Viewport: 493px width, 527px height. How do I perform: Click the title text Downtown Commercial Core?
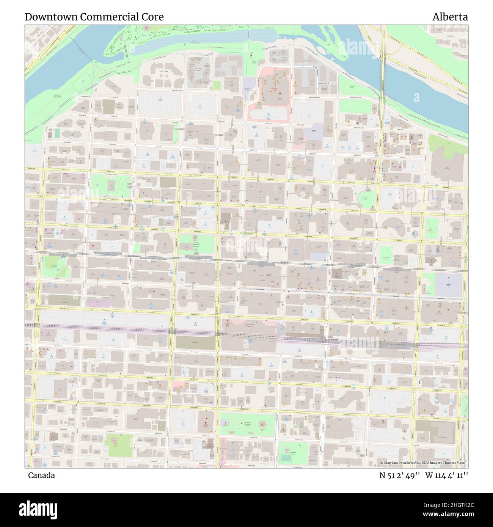click(x=94, y=17)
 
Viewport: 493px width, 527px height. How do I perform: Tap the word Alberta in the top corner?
click(x=450, y=17)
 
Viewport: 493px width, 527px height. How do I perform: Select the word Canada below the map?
click(x=41, y=475)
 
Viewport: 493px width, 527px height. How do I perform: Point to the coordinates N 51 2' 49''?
click(x=398, y=475)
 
